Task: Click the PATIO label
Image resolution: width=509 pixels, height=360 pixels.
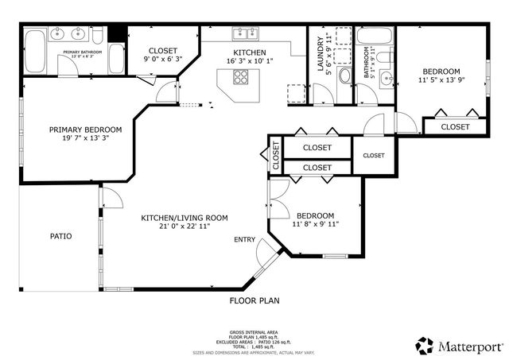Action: (61, 236)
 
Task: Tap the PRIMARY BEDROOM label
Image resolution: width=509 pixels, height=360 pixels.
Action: (85, 130)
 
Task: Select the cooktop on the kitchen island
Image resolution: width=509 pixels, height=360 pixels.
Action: (240, 78)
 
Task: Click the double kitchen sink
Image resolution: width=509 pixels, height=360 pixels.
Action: (244, 33)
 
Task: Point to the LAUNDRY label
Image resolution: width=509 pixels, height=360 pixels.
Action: (322, 56)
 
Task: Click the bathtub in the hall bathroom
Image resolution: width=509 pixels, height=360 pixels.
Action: (372, 36)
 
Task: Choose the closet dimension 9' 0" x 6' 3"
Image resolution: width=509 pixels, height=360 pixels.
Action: (162, 58)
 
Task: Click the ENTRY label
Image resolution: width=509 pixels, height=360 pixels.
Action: (244, 239)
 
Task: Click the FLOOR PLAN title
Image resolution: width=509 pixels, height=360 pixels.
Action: (254, 300)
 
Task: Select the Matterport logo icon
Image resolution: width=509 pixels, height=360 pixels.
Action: (425, 345)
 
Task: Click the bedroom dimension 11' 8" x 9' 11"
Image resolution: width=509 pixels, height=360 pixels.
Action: (315, 224)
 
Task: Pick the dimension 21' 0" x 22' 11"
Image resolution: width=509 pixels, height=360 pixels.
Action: (185, 226)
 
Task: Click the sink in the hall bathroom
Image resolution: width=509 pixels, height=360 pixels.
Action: (387, 78)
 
